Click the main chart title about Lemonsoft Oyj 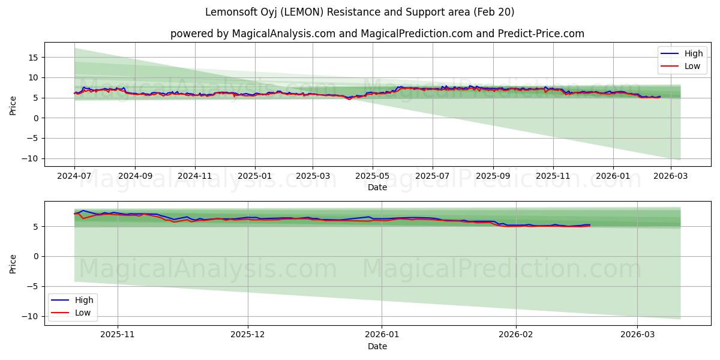click(x=359, y=12)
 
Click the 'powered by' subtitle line click(x=377, y=34)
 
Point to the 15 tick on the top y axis click(x=33, y=58)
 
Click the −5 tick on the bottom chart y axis click(x=33, y=286)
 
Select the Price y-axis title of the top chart click(x=13, y=104)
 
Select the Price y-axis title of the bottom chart click(x=13, y=263)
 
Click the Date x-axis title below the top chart click(x=377, y=188)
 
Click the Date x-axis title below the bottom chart click(x=377, y=347)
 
